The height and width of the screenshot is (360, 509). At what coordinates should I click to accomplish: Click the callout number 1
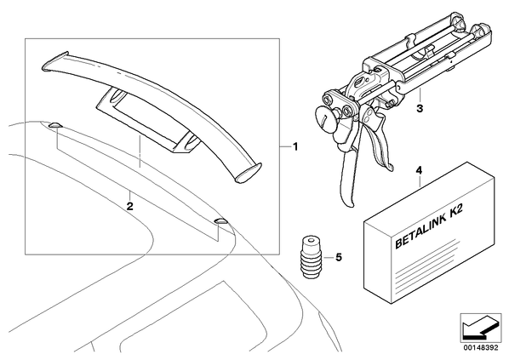(x=295, y=147)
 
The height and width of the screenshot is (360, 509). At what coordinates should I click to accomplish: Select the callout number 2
(x=130, y=206)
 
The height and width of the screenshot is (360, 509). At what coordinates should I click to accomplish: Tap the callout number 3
(x=420, y=108)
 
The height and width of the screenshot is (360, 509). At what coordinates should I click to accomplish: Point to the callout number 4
(x=419, y=170)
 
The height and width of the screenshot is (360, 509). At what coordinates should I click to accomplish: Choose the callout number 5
(x=339, y=257)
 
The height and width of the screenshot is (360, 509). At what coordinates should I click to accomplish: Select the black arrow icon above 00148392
(x=480, y=327)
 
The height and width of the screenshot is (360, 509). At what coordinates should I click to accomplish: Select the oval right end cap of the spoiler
(x=249, y=171)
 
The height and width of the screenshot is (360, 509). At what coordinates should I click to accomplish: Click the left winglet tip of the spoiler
(x=55, y=60)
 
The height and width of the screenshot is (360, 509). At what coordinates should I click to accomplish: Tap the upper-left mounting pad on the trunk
(x=54, y=125)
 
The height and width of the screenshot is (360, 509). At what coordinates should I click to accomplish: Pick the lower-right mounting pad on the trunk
(x=221, y=222)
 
